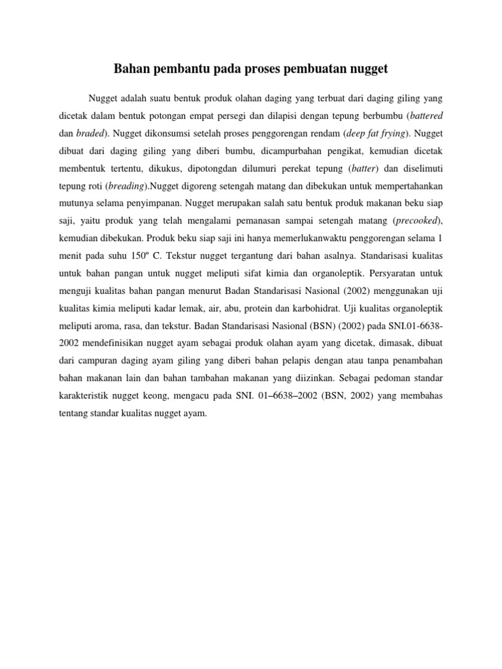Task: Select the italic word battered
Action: [x=427, y=116]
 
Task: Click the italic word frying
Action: [x=389, y=133]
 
